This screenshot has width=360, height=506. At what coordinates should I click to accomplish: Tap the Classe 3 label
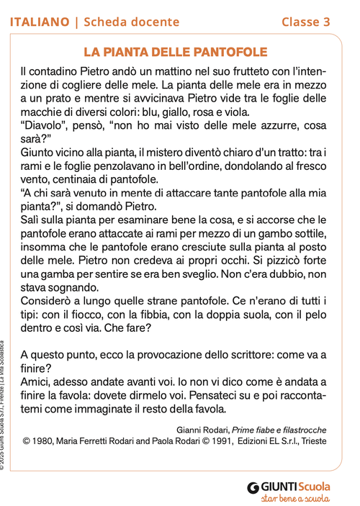click(306, 22)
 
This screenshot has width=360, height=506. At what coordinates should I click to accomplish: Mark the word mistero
click(199, 152)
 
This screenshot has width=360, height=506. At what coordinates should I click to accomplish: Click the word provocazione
click(158, 356)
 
